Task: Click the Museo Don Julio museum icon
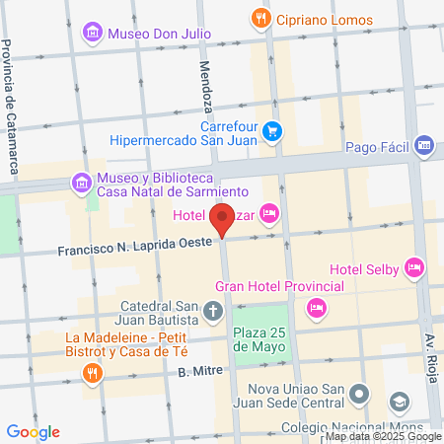(94, 33)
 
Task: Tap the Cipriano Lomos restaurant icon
(260, 17)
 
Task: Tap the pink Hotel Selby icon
(414, 265)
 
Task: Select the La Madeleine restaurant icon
(90, 373)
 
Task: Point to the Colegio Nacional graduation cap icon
(399, 403)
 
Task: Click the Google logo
(34, 431)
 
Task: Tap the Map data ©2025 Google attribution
(384, 436)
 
